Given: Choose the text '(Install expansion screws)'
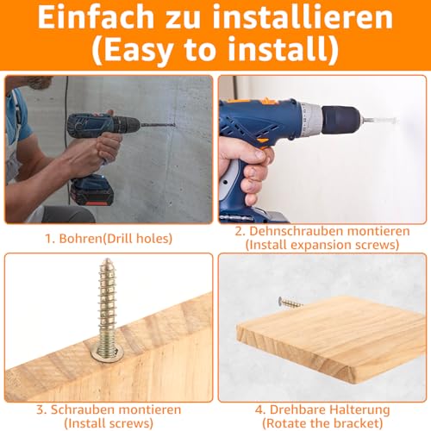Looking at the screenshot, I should [x=322, y=245].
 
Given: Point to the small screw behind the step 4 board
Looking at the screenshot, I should [x=290, y=303].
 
